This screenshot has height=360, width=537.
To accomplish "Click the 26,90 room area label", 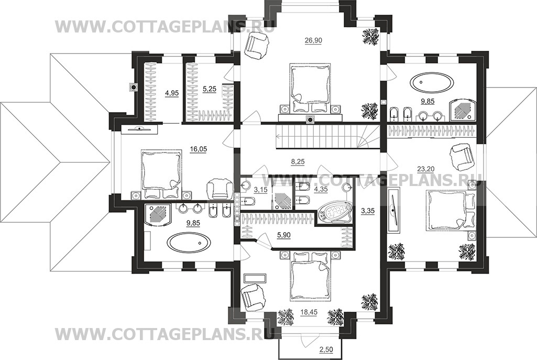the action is click(313, 40).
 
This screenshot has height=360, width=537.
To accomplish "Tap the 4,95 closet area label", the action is click(172, 93).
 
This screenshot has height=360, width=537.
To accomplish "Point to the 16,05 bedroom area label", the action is click(198, 149).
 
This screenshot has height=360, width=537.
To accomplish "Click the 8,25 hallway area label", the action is click(298, 161).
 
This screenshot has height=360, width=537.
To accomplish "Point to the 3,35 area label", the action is click(367, 211).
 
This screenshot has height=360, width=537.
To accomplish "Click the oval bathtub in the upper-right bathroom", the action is click(432, 83).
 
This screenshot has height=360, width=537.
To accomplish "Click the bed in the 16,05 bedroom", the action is click(161, 174).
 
